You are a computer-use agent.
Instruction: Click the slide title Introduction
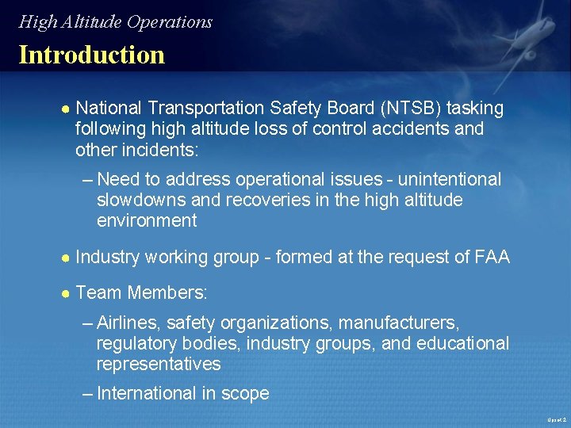click(x=91, y=55)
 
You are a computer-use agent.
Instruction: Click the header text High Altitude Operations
click(x=116, y=22)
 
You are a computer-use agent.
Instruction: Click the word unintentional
click(x=450, y=180)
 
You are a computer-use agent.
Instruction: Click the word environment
click(x=147, y=221)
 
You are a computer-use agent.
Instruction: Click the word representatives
click(x=158, y=365)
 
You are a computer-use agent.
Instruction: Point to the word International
click(x=146, y=393)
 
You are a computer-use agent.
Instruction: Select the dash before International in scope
click(x=87, y=393)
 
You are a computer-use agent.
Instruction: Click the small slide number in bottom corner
click(x=557, y=419)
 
